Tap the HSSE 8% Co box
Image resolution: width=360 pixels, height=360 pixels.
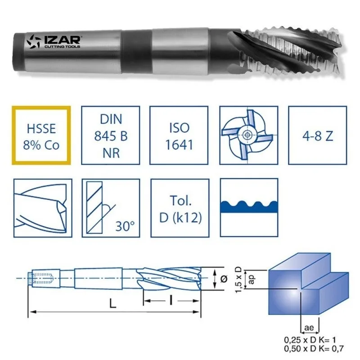pos(42,135)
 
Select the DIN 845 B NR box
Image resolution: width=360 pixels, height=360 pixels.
pos(111,135)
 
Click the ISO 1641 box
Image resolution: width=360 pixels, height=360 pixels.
pos(180,135)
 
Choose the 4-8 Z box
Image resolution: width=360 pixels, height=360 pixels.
pos(317,135)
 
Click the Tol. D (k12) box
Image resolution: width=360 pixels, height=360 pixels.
pos(180,208)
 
